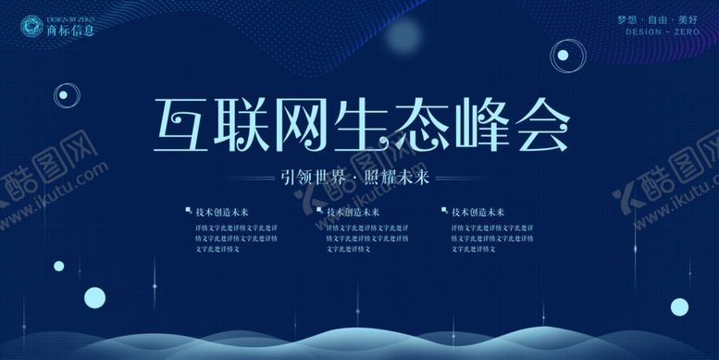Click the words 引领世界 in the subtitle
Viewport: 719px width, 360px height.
point(316,178)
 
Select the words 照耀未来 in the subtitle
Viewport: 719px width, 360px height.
point(399,178)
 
